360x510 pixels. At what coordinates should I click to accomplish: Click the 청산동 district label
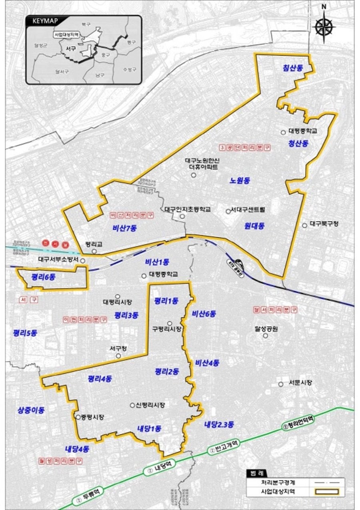(298, 144)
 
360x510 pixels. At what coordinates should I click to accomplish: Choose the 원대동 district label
(254, 226)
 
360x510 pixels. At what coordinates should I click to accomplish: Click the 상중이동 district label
(31, 410)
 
